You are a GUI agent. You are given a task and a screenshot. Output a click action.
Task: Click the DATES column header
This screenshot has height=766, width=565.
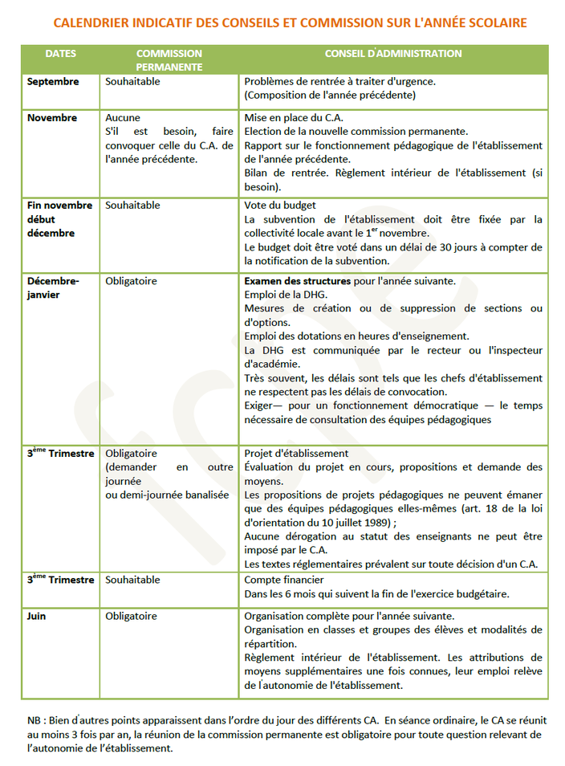(x=60, y=54)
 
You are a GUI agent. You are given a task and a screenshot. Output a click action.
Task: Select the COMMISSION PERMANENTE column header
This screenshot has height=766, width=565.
(x=169, y=60)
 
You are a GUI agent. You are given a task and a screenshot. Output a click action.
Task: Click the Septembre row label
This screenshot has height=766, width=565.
(x=53, y=82)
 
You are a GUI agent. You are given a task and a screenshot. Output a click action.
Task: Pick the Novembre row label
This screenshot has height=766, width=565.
(x=52, y=118)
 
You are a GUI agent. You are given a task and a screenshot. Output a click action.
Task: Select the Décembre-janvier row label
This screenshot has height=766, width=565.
(x=54, y=288)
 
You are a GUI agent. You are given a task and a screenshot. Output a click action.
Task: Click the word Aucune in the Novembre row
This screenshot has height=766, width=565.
(x=123, y=118)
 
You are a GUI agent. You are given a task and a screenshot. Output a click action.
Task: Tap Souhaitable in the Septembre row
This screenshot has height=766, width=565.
(x=132, y=82)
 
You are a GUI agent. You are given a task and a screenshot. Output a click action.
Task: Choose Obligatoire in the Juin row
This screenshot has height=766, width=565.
(x=131, y=617)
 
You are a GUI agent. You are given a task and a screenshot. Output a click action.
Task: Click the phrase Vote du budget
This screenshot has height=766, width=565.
(x=280, y=206)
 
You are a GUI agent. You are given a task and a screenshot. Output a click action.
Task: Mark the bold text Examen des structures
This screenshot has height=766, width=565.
(x=297, y=282)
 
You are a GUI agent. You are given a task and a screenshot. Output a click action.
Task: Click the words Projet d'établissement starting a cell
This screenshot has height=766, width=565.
(x=296, y=454)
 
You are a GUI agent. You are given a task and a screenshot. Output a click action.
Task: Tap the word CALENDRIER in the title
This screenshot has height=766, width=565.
(x=91, y=23)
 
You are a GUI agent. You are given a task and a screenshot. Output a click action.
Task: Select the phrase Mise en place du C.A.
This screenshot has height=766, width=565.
(x=294, y=118)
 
